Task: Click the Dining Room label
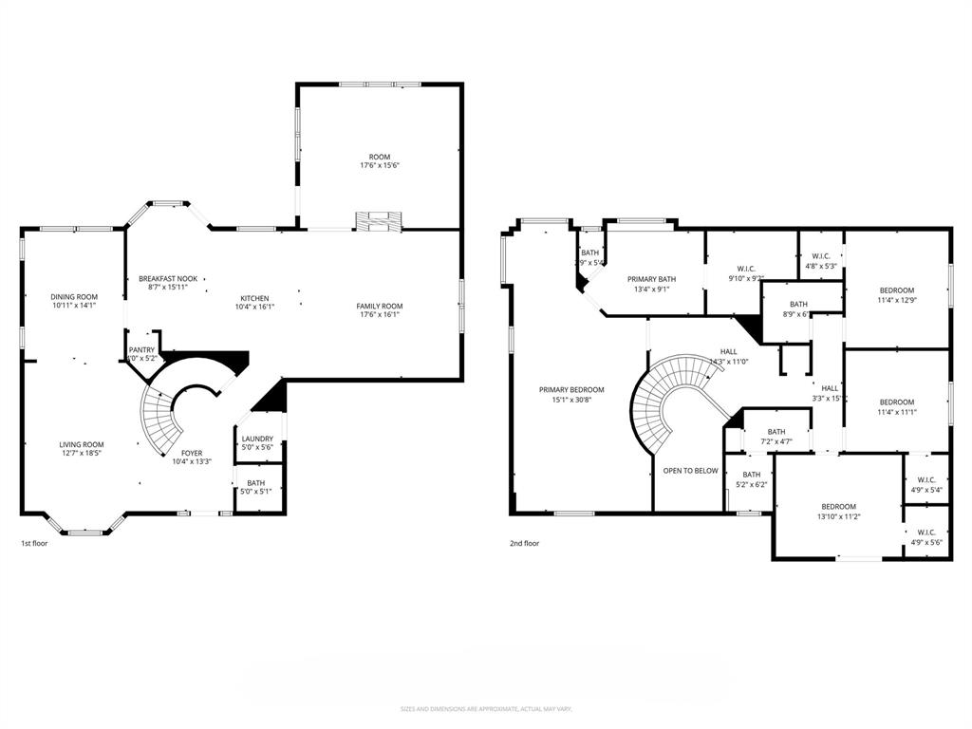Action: pyautogui.click(x=74, y=297)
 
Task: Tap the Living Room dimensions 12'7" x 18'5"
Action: pyautogui.click(x=82, y=454)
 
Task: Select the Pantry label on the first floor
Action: pyautogui.click(x=141, y=349)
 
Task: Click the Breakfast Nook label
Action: pyautogui.click(x=168, y=278)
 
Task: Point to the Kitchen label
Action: pyautogui.click(x=253, y=298)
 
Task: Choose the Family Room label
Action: pyautogui.click(x=380, y=306)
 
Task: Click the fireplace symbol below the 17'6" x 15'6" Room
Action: pyautogui.click(x=379, y=220)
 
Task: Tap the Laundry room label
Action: pyautogui.click(x=257, y=439)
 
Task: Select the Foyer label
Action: pyautogui.click(x=191, y=453)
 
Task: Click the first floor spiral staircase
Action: pyautogui.click(x=161, y=418)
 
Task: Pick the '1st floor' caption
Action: pyautogui.click(x=34, y=544)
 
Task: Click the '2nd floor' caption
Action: pyautogui.click(x=524, y=544)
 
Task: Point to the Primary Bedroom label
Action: pyautogui.click(x=571, y=389)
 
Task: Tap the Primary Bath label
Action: pyautogui.click(x=651, y=279)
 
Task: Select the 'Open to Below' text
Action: pyautogui.click(x=690, y=470)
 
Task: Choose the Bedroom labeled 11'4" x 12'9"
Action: pyautogui.click(x=896, y=290)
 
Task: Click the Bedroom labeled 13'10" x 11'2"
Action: pyautogui.click(x=838, y=506)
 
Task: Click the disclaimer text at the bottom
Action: pyautogui.click(x=485, y=709)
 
